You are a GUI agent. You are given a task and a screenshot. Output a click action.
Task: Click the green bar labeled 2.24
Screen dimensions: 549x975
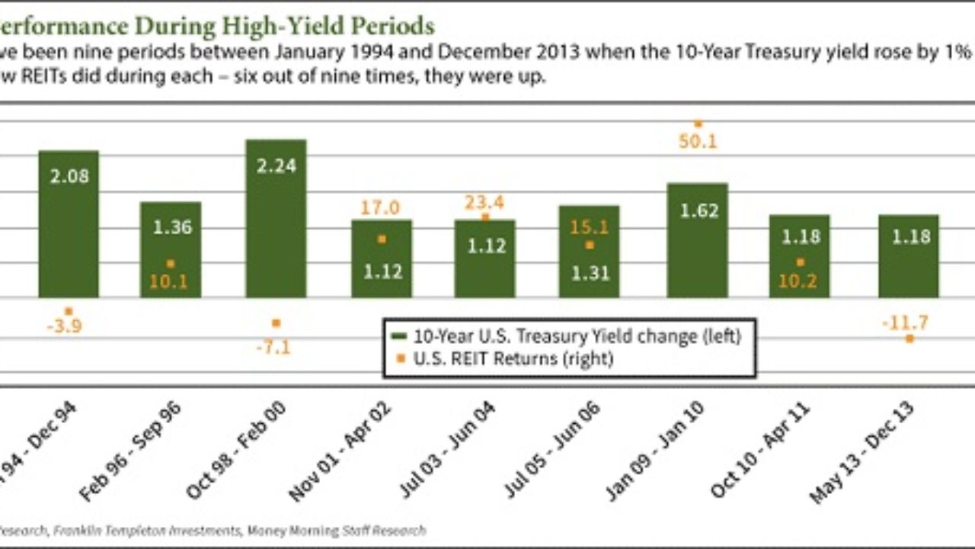click(x=276, y=221)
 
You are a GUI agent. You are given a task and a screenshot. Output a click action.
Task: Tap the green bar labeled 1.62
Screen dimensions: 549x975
click(x=697, y=244)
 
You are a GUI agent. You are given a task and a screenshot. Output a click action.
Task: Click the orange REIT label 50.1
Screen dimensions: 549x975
click(x=698, y=141)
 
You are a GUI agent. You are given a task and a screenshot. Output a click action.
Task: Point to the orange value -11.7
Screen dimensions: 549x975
click(x=905, y=323)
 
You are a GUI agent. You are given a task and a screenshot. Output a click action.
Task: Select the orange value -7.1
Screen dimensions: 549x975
click(x=275, y=348)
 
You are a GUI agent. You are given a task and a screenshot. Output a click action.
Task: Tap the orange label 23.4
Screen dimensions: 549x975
click(x=485, y=203)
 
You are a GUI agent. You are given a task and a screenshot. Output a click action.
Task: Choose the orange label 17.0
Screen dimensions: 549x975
click(x=382, y=208)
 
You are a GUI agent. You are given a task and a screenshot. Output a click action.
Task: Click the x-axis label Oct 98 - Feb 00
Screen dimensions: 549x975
click(x=237, y=451)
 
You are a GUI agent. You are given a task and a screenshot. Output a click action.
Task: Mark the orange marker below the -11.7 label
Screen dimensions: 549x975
click(x=909, y=338)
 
